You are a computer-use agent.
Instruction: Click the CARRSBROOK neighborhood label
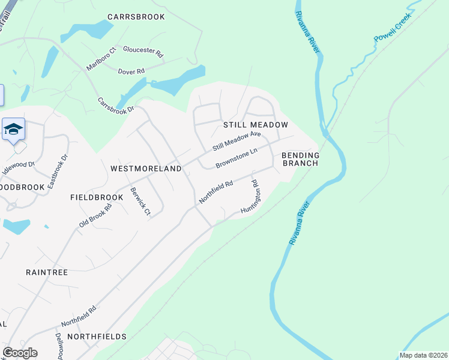click(x=136, y=17)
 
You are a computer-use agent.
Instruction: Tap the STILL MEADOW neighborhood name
click(x=256, y=125)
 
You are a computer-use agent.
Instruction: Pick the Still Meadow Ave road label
click(x=237, y=142)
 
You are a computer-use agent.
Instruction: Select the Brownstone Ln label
click(x=237, y=158)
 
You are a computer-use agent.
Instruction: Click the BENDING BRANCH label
click(x=301, y=159)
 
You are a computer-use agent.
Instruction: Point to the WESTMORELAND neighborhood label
click(x=146, y=169)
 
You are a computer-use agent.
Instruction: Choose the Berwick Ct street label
click(x=140, y=203)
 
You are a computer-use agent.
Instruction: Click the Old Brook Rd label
click(x=95, y=215)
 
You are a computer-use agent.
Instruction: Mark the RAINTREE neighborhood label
click(x=47, y=272)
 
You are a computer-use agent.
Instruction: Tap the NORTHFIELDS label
click(x=97, y=337)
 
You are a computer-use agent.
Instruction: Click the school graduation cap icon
click(x=13, y=130)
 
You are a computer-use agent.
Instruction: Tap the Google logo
click(x=20, y=352)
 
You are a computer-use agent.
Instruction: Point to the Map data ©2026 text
click(x=423, y=355)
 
